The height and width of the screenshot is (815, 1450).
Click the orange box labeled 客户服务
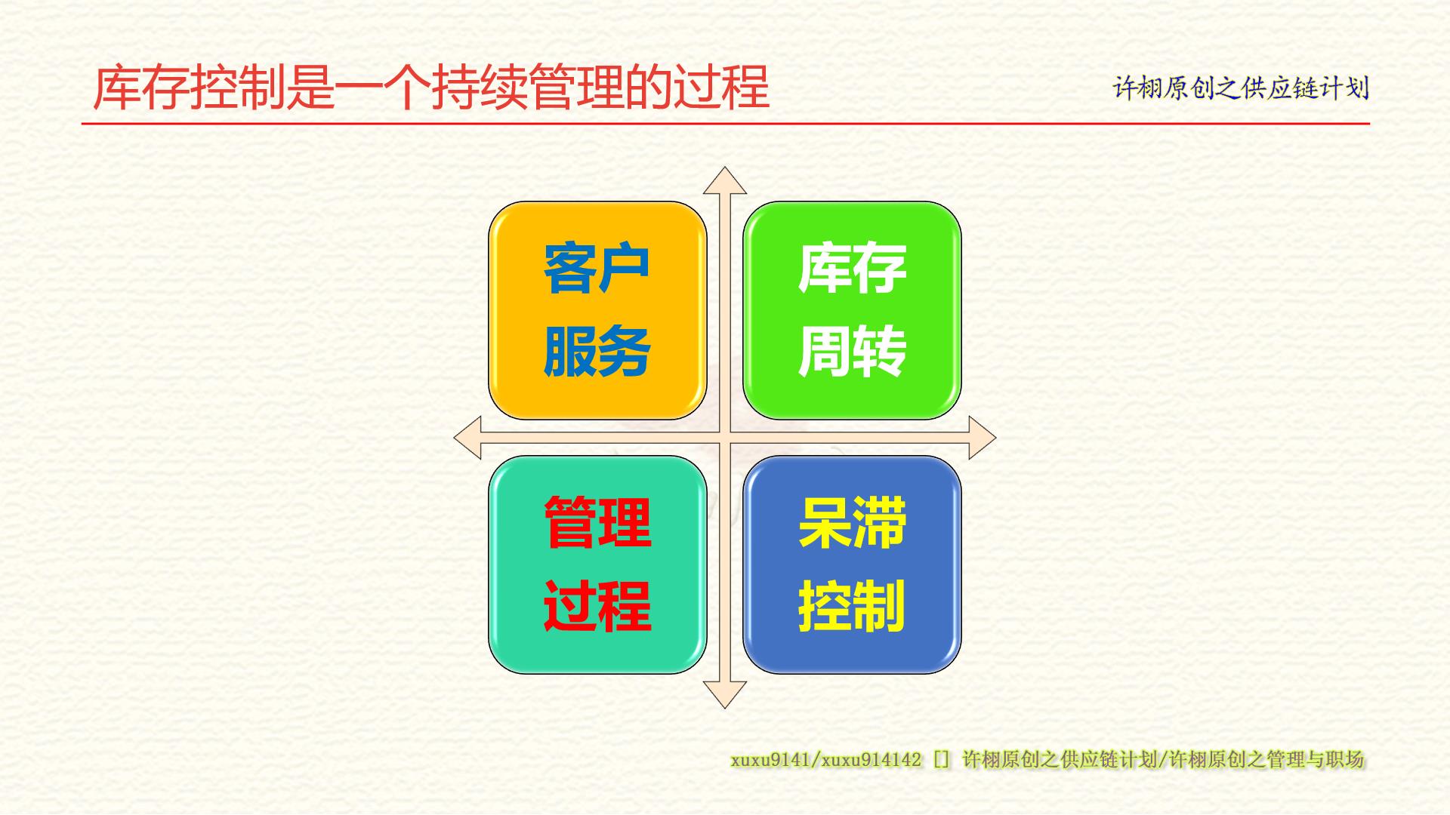[x=597, y=310]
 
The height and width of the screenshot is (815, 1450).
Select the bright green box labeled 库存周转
[x=852, y=310]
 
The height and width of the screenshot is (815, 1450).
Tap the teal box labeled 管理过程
[x=597, y=564]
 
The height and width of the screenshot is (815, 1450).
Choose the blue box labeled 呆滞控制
[x=852, y=564]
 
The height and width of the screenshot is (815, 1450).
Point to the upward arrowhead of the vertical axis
[x=725, y=180]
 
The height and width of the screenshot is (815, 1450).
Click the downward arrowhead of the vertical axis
[x=725, y=695]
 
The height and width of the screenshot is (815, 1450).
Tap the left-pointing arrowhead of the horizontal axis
[x=467, y=438]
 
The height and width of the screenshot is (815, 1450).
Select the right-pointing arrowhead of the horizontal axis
[x=983, y=438]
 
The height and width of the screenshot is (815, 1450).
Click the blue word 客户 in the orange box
[x=597, y=268]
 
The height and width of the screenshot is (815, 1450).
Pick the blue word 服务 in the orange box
[x=597, y=352]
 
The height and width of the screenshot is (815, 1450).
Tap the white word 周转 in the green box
[x=852, y=352]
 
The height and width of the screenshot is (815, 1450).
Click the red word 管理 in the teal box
[x=597, y=522]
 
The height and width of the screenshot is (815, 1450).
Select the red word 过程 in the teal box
[x=597, y=606]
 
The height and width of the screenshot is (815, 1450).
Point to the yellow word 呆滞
[x=852, y=522]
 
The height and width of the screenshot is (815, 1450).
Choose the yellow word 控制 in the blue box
[x=852, y=606]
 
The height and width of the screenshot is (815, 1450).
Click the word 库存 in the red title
[x=141, y=88]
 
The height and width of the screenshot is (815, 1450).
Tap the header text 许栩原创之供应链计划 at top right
[x=1241, y=88]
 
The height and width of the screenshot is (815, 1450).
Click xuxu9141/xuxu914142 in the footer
[x=825, y=760]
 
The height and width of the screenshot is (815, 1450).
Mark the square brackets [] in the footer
[x=941, y=760]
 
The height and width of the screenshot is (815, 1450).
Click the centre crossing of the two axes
[x=725, y=438]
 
